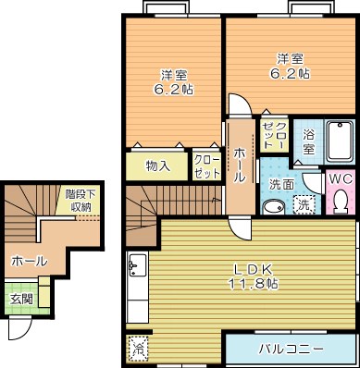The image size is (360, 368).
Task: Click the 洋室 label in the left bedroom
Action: tap(168, 74)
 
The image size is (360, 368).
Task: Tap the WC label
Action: tap(339, 178)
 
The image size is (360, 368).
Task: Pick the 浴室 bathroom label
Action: tap(310, 141)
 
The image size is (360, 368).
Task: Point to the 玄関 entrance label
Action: tap(21, 299)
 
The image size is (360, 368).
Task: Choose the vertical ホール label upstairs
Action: tap(240, 165)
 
